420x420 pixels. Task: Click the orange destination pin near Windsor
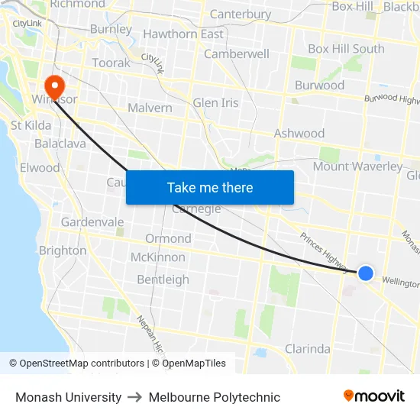[x=55, y=83]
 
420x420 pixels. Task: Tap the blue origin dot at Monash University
[x=366, y=273]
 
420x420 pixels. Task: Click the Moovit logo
[x=373, y=396]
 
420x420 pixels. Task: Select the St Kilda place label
[x=31, y=124]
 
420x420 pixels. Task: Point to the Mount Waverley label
[x=357, y=166]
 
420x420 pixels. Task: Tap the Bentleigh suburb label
[x=163, y=279]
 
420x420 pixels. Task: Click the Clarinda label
[x=307, y=349]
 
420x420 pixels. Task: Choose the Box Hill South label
[x=346, y=49]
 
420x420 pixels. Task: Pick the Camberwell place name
[x=237, y=54]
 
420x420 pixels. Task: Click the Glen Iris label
[x=215, y=102]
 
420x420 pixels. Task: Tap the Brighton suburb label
[x=63, y=250]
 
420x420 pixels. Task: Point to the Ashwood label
[x=299, y=134]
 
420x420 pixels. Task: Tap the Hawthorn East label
[x=183, y=34]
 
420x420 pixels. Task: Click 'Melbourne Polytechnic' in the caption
[x=215, y=397]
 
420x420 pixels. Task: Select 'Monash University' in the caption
[x=69, y=397]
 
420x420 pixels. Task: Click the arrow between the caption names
[x=135, y=397]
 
